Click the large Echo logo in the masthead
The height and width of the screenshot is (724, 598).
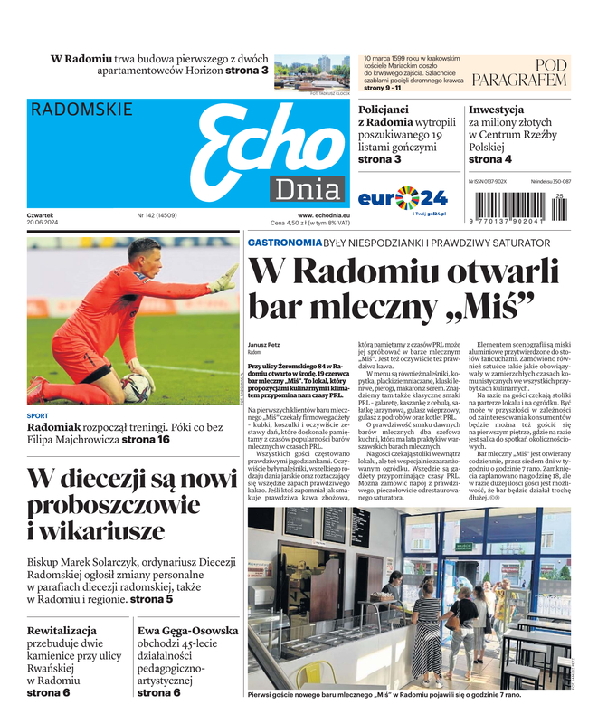[258, 145]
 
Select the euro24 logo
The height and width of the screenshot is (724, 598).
[403, 197]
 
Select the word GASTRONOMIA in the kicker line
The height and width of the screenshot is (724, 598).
[284, 243]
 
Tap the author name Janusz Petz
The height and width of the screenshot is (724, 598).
[263, 345]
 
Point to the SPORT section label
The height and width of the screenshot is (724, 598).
[38, 415]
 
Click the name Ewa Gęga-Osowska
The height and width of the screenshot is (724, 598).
[188, 630]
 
